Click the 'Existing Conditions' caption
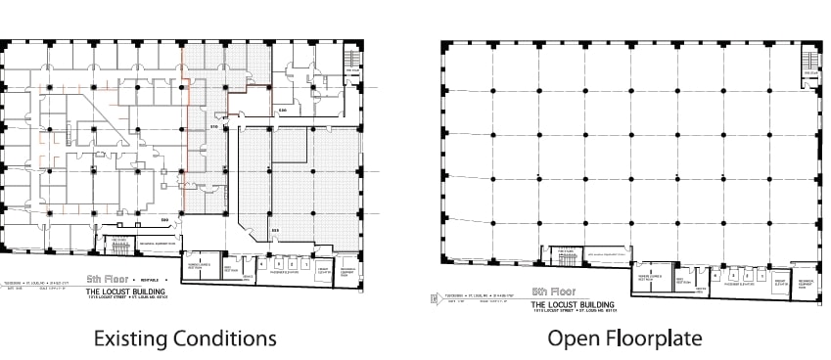[x=184, y=338]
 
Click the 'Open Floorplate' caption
[x=623, y=338]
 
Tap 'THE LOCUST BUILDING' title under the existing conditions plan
[x=125, y=292]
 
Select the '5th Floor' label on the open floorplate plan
[x=552, y=292]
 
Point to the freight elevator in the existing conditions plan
[x=321, y=268]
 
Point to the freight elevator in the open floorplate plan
[x=776, y=278]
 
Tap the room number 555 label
[x=275, y=230]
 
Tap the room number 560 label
[x=165, y=218]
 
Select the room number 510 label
[x=214, y=127]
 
